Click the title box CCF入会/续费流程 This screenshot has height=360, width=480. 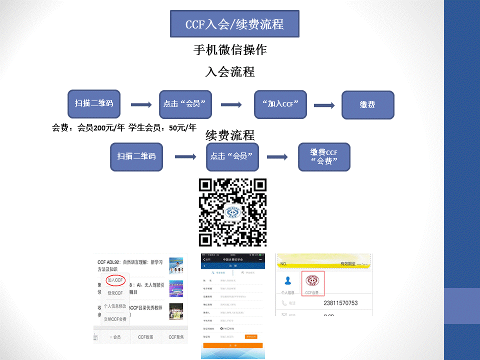coord(234,23)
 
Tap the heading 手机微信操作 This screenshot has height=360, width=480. coord(230,50)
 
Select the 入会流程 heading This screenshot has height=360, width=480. coord(230,71)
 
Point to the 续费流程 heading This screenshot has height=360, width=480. coord(230,135)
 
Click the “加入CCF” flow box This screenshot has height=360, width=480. coord(280,104)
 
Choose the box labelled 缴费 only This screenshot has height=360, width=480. coord(367,104)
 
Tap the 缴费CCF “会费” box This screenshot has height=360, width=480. coord(324,157)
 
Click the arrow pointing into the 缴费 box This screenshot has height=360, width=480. coord(324,105)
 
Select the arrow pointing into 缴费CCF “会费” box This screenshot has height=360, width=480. coord(277,157)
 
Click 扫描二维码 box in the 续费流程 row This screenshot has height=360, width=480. coord(136,156)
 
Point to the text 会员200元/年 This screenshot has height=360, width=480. coord(100,128)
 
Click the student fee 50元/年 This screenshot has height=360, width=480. coord(182,128)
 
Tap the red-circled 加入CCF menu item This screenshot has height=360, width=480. coord(115,280)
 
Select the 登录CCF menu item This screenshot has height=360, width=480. coord(115,293)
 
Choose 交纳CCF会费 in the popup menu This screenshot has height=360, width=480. coord(115,318)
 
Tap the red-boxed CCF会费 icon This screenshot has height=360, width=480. coord(312,283)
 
